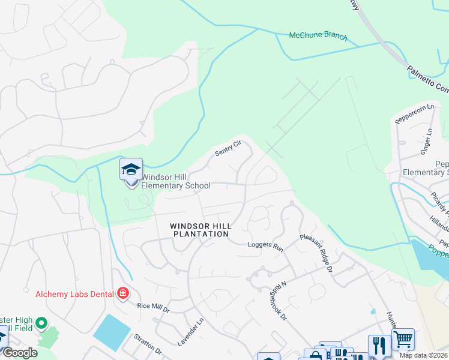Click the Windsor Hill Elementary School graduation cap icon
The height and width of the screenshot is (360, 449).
[131, 170]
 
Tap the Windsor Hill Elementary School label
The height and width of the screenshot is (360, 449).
[176, 181]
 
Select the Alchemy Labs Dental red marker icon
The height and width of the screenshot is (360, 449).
[123, 293]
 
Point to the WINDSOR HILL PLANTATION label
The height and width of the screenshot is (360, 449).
[199, 230]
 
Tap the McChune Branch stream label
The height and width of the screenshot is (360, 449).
[318, 36]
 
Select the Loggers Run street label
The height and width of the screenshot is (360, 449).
[265, 245]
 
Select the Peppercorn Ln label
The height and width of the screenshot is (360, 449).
[414, 114]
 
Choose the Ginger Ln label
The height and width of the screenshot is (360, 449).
[426, 142]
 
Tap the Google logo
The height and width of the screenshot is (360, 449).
[20, 353]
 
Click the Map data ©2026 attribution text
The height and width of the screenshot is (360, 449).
[424, 355]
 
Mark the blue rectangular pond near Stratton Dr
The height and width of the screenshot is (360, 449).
[112, 332]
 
